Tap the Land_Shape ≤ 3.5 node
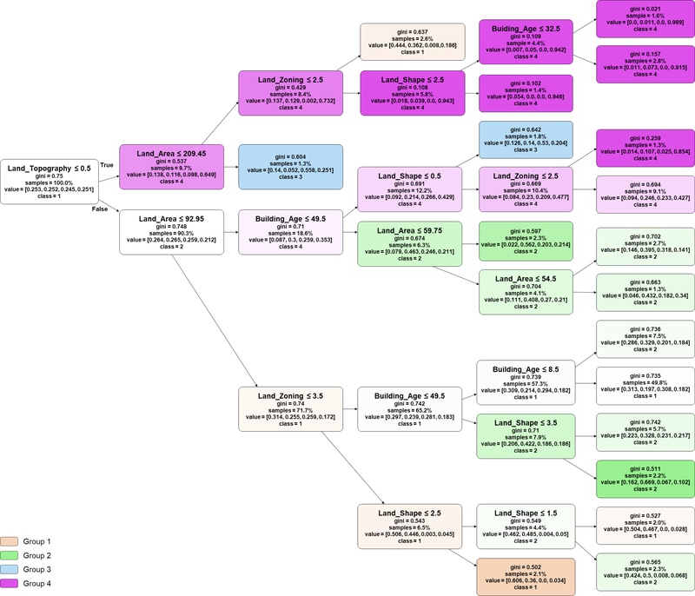526,437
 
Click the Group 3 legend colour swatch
17,570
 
